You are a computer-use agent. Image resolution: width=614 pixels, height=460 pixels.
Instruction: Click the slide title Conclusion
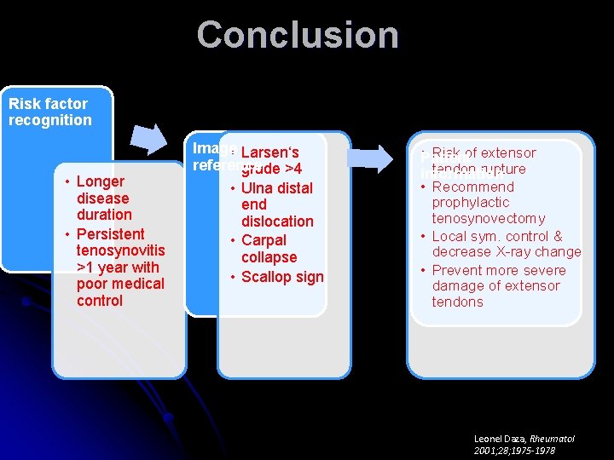click(298, 35)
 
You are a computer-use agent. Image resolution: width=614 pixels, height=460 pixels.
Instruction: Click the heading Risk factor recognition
click(49, 112)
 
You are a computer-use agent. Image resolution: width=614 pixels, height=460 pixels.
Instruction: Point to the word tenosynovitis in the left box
click(120, 250)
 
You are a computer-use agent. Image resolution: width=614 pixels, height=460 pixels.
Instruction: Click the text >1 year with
click(117, 267)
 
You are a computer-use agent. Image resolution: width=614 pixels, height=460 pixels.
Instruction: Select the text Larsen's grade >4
click(270, 161)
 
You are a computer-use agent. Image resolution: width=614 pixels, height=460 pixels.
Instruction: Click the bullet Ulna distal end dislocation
click(276, 204)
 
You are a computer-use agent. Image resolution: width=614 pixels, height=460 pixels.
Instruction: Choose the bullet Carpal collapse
click(269, 249)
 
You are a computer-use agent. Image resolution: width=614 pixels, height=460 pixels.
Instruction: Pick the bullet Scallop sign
click(281, 277)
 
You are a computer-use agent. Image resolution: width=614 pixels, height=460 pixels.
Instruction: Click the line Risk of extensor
click(484, 153)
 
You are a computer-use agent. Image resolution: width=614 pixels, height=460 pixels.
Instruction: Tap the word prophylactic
click(470, 203)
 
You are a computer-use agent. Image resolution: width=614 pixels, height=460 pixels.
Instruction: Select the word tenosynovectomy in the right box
click(488, 219)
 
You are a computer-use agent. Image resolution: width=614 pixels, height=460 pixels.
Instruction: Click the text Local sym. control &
click(497, 236)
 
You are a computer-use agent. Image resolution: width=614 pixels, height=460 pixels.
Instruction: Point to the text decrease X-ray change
click(506, 252)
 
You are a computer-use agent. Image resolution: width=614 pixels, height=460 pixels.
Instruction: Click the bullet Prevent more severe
click(498, 270)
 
